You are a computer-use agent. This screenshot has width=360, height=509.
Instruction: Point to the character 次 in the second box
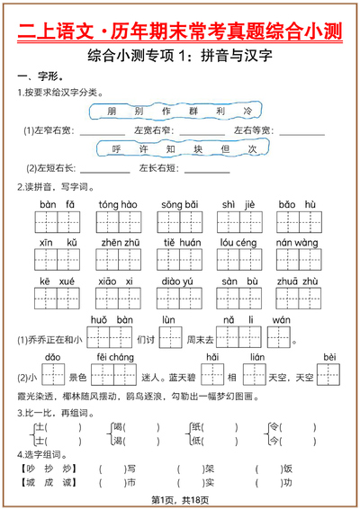(252, 148)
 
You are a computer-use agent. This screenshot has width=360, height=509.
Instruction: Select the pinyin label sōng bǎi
(179, 204)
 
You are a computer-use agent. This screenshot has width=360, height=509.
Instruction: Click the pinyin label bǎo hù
(297, 204)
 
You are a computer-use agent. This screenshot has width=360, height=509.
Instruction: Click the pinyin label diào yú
(178, 281)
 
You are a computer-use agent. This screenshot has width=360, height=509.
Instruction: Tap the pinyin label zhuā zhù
(297, 281)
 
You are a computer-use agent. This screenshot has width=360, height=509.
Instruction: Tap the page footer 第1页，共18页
(180, 498)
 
